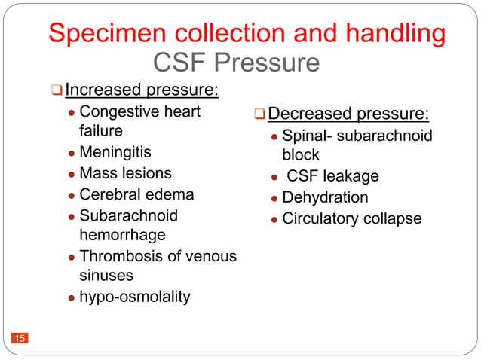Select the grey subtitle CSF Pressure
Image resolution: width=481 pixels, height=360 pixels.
point(236,63)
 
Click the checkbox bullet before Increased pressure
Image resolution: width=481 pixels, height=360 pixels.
point(56,92)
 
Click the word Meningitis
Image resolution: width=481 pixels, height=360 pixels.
point(115,152)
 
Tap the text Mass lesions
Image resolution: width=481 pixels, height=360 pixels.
point(125,173)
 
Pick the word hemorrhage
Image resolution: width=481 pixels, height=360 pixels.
point(122,236)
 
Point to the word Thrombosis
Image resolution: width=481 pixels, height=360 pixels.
point(120,256)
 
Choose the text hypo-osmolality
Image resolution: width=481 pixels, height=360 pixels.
point(135,297)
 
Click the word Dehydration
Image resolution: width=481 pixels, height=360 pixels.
point(325,198)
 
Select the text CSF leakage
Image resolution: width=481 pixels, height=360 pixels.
point(332,177)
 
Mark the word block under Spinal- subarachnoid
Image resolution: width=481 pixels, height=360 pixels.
point(300,156)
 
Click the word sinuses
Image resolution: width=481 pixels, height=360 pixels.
point(106,276)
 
